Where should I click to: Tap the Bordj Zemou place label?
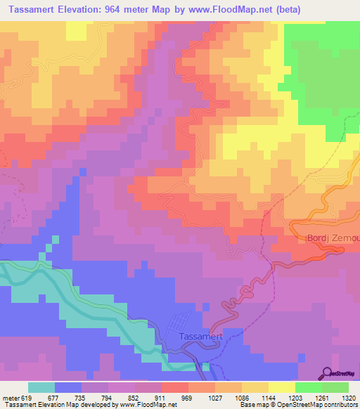(x=333, y=239)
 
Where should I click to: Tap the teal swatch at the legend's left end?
(x=41, y=387)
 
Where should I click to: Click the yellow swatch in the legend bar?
(x=281, y=387)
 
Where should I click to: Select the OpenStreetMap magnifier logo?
(x=326, y=372)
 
